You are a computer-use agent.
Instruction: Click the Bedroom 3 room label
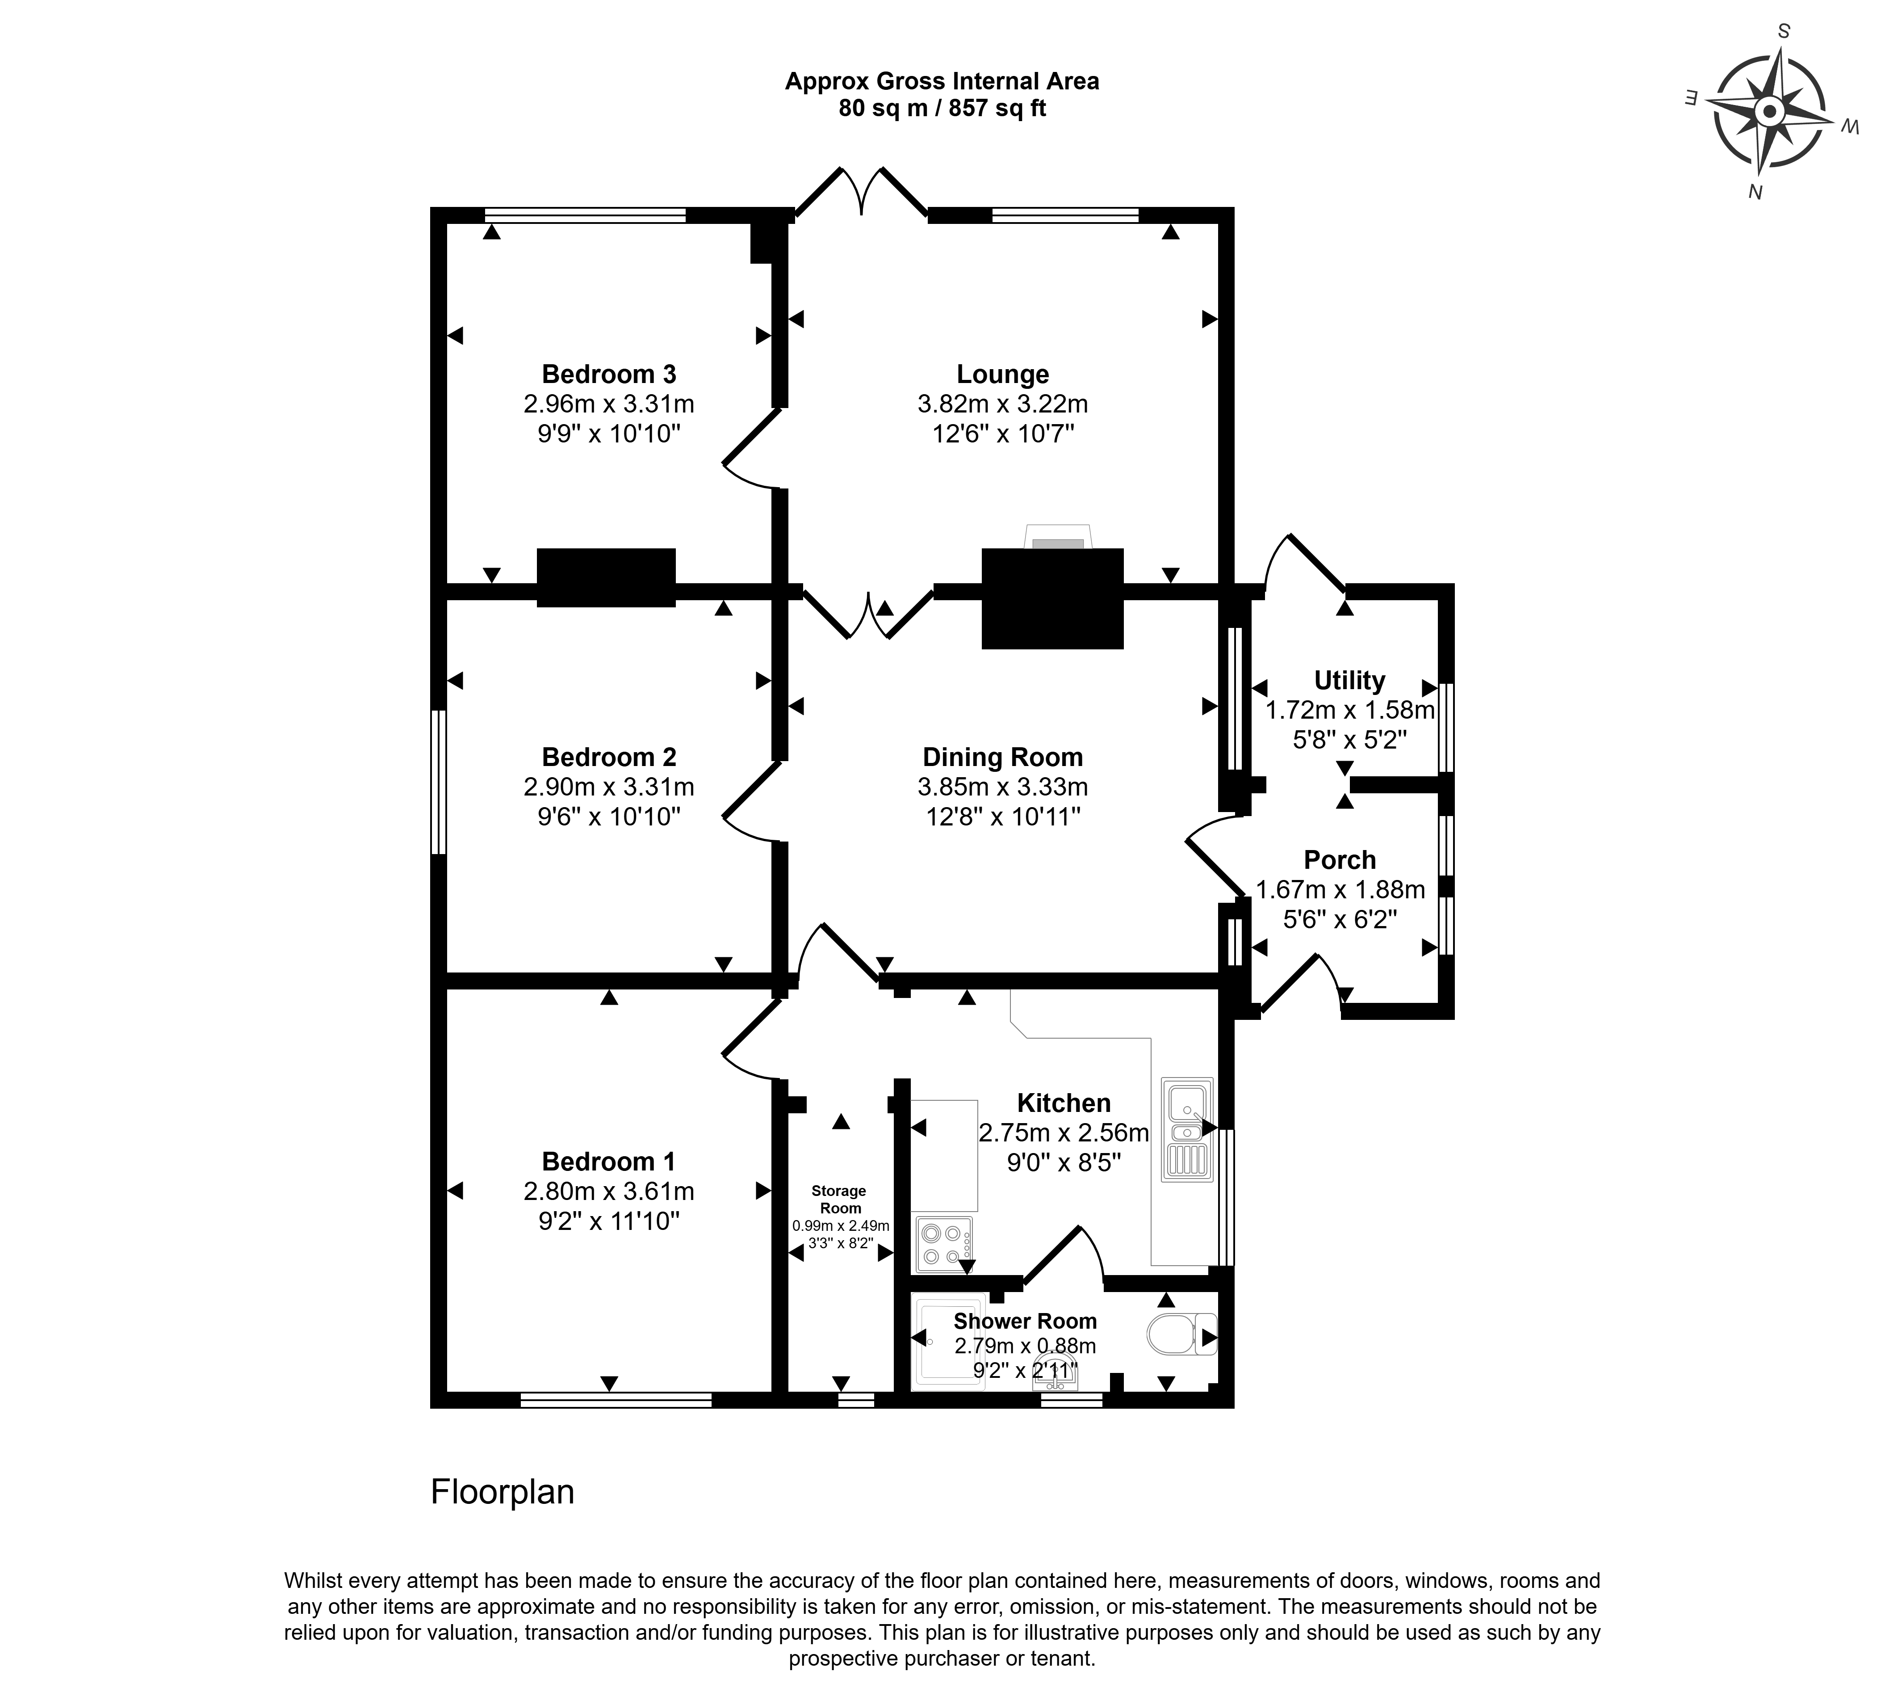609,374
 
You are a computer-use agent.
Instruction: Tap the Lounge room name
1002,374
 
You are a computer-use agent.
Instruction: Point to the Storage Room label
839,1199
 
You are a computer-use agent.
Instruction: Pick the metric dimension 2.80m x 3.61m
609,1191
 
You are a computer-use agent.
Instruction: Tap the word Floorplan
502,1492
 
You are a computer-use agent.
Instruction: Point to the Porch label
1340,859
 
